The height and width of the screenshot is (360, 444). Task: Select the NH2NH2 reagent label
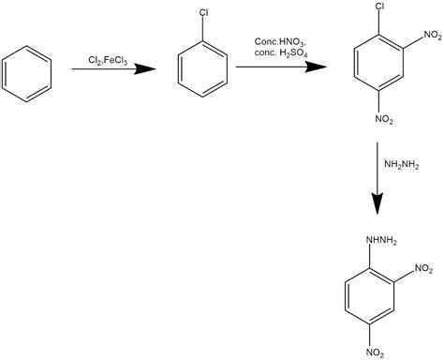tap(401, 164)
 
